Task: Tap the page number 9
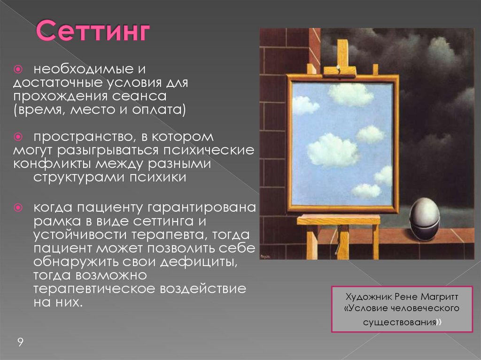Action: tap(20, 342)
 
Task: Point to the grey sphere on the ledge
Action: tap(424, 219)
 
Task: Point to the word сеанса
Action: tap(151, 96)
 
